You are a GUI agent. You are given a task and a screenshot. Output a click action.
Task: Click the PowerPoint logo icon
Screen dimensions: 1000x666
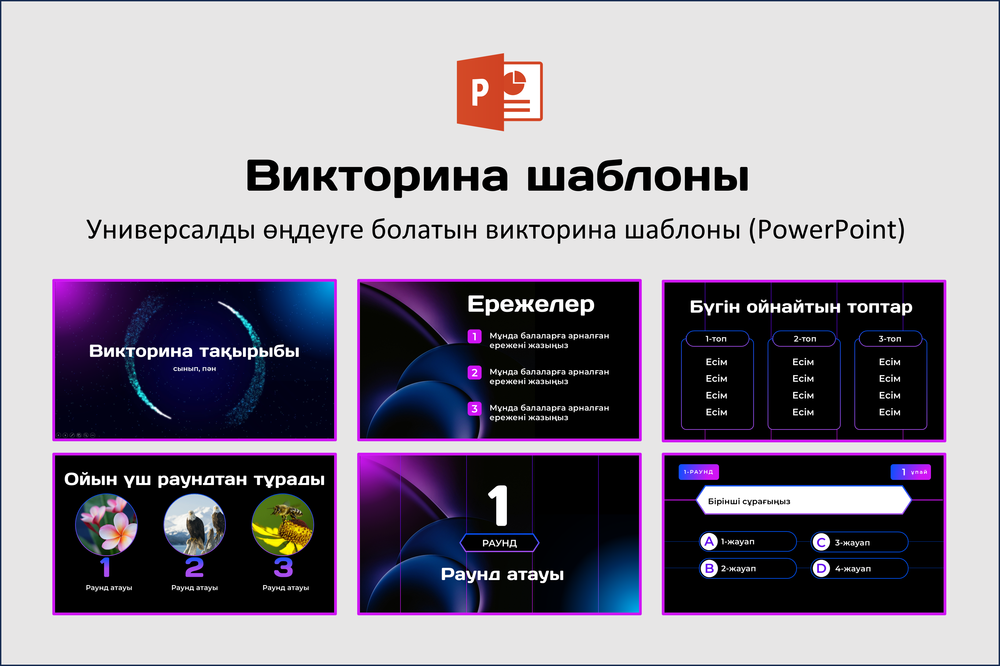tap(500, 92)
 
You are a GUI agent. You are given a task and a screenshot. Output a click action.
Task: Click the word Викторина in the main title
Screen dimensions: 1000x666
tap(377, 176)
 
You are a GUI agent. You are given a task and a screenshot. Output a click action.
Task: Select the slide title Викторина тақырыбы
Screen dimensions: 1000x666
tap(194, 351)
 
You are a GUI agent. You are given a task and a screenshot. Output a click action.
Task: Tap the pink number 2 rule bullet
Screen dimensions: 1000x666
tap(475, 372)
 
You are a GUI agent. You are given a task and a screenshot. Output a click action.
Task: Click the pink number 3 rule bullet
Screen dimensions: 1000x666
tap(475, 409)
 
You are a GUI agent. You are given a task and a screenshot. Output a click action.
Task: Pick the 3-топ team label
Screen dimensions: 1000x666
tap(890, 339)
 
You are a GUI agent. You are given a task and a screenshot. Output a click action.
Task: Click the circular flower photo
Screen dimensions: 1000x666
tap(106, 524)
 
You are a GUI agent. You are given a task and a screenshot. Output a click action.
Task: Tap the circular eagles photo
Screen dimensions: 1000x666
tap(194, 524)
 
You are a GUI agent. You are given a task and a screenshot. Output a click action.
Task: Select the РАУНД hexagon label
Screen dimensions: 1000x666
tap(500, 543)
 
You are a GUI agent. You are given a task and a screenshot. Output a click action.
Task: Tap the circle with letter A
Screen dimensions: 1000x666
tap(709, 542)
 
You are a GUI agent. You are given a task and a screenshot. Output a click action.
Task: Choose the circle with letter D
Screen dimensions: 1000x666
tap(821, 568)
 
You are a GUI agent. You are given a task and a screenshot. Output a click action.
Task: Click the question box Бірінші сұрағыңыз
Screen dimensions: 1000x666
tap(804, 500)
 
